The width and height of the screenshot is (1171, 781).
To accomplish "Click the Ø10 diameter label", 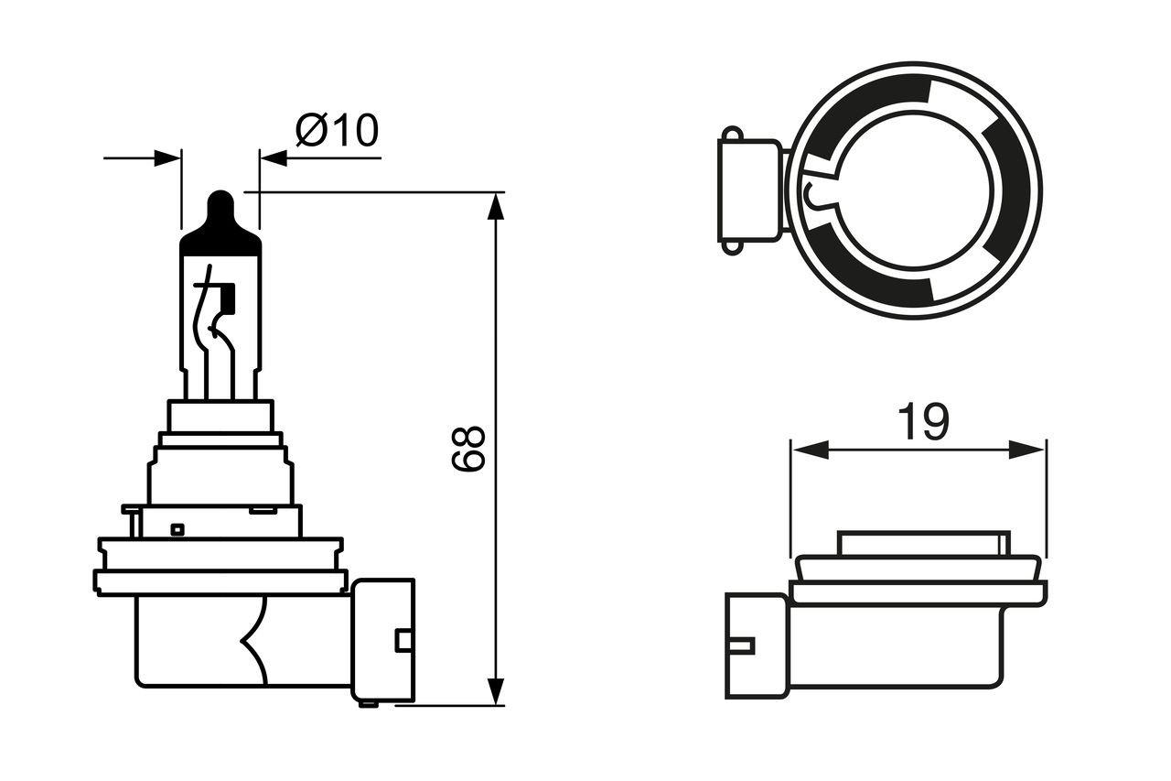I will pos(337,131).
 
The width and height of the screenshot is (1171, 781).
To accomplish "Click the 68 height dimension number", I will pos(468,449).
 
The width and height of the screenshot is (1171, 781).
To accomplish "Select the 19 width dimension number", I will pos(922,422).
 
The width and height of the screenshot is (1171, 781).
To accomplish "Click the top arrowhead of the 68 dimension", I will pos(495,207).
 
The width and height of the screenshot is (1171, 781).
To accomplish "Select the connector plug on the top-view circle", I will pos(748,190).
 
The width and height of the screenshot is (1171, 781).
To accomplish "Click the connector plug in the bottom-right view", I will pos(756,645).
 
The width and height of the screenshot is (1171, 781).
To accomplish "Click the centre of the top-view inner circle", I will pos(915,190).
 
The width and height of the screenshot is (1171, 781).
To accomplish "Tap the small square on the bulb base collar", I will pos(177,528).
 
